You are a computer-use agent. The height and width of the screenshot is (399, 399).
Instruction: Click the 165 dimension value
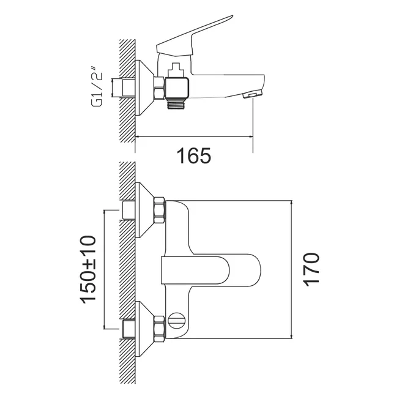point(194,155)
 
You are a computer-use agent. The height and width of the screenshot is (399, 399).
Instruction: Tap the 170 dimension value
point(311,270)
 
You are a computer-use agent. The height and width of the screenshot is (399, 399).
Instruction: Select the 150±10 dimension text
point(88,270)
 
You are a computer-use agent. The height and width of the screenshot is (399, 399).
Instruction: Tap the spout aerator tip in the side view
point(252,94)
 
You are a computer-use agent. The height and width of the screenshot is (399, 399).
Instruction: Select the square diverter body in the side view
point(177,88)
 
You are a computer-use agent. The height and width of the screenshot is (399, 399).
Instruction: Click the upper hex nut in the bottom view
point(160,210)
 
